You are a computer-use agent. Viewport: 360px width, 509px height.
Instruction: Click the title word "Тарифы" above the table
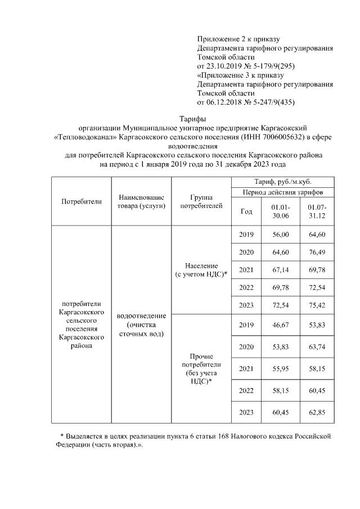tap(192, 119)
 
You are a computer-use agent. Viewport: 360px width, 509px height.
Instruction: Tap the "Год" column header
tap(246, 211)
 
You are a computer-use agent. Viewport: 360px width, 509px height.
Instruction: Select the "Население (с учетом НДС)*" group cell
tap(201, 270)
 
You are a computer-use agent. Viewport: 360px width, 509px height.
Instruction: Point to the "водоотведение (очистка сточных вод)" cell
tap(141, 325)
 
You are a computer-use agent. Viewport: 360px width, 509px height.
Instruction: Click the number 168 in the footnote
tap(228, 436)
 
